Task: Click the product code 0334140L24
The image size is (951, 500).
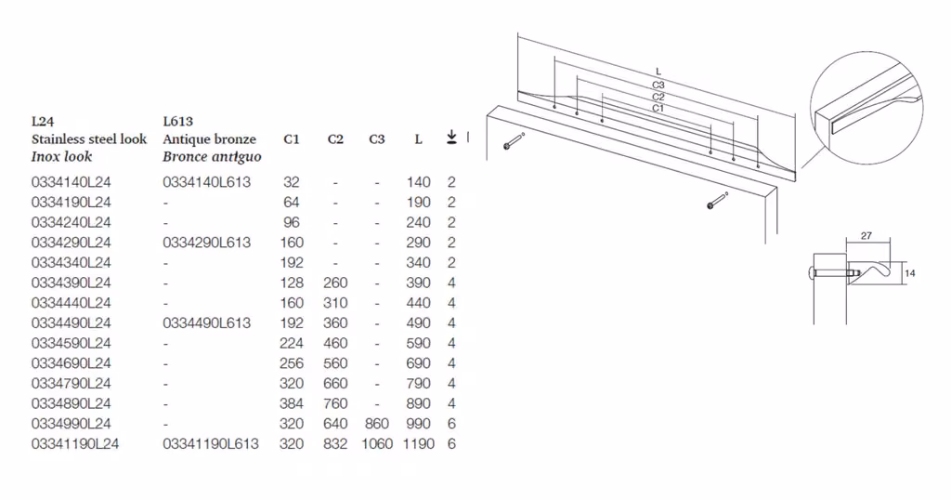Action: click(71, 182)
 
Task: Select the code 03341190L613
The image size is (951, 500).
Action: click(211, 443)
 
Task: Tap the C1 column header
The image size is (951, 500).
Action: click(291, 139)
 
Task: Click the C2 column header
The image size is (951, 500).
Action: click(335, 139)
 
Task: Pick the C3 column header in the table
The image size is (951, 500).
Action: click(377, 139)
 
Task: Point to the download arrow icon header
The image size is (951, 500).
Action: click(451, 138)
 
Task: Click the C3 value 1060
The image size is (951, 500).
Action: click(377, 443)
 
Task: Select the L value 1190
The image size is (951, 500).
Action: click(419, 443)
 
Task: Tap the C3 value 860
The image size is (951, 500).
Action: click(377, 424)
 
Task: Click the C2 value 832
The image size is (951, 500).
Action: click(335, 443)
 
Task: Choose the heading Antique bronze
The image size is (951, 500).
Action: click(209, 139)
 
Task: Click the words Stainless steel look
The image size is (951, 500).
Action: click(89, 139)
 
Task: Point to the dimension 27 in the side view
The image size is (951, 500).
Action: click(866, 235)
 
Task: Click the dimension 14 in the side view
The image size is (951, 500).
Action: click(910, 273)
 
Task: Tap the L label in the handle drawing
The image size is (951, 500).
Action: click(658, 72)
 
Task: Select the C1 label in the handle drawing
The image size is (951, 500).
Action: click(658, 108)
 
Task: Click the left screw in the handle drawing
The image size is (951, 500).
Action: click(513, 141)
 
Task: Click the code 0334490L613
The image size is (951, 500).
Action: click(206, 322)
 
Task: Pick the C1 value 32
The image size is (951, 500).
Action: click(291, 182)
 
